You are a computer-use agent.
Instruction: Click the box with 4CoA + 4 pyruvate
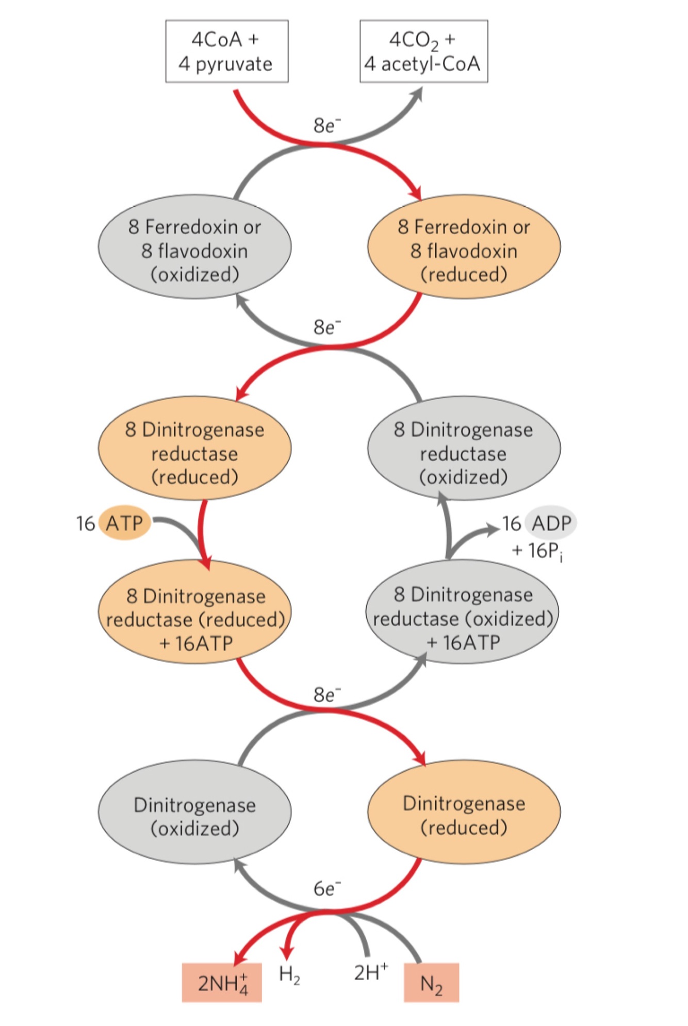coord(226,52)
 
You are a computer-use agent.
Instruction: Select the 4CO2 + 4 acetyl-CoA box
coord(423,52)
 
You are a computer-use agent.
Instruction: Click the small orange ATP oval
coord(124,523)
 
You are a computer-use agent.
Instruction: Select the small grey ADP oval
coord(551,523)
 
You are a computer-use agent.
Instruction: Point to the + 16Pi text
coord(537,551)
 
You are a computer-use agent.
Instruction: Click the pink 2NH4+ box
coord(222,983)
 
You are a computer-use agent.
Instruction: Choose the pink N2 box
coord(431,983)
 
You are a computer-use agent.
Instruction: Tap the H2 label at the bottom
coord(289,973)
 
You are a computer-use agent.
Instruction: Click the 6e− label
coord(327,888)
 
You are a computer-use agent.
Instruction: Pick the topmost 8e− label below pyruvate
coord(327,125)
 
